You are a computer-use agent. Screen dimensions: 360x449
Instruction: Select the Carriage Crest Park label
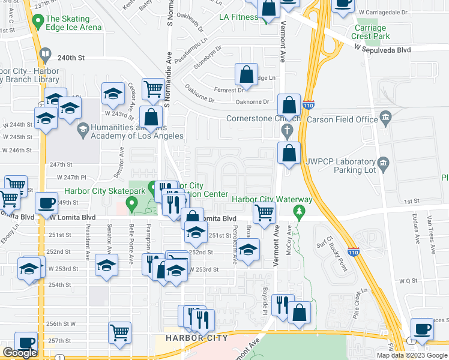click(372, 32)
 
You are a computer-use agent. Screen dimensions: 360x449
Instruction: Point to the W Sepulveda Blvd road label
click(382, 50)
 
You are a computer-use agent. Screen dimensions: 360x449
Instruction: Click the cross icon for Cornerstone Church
click(288, 130)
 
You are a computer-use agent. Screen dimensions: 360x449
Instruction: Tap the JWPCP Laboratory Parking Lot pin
click(381, 163)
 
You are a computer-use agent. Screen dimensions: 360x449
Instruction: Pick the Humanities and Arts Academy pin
click(82, 128)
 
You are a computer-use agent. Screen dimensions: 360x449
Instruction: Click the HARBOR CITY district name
click(196, 338)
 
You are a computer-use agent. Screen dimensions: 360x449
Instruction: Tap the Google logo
click(20, 353)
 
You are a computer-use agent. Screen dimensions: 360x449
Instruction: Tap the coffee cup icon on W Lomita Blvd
click(46, 203)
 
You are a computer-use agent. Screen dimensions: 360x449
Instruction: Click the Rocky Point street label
click(340, 257)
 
